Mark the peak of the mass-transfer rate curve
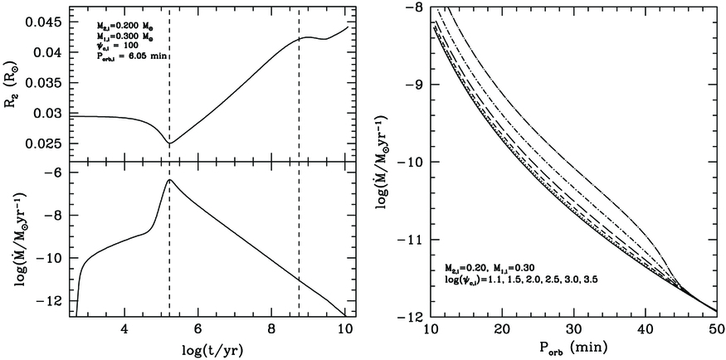coord(169,179)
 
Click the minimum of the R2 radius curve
coord(169,144)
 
